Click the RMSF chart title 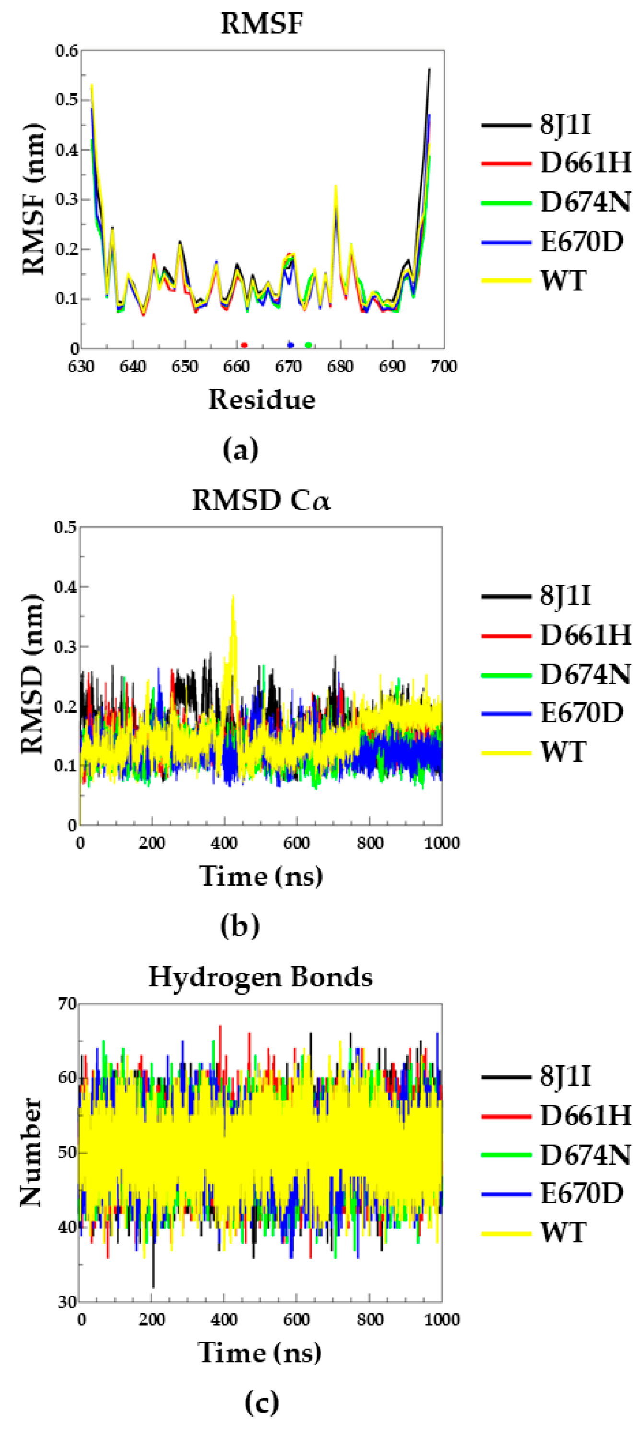(x=261, y=24)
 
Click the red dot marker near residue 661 (x=244, y=345)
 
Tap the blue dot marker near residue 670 (x=290, y=345)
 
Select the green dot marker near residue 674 (x=308, y=345)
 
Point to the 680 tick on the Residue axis (x=340, y=367)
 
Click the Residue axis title (x=261, y=400)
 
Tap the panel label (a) (x=240, y=449)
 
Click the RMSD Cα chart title (x=261, y=500)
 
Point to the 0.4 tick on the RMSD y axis (x=65, y=587)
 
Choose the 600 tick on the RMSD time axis (x=297, y=843)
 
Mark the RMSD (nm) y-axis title (x=32, y=674)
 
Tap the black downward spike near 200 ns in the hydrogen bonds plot (x=153, y=1282)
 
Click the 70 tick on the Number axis (x=68, y=1004)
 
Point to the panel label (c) (x=261, y=1402)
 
